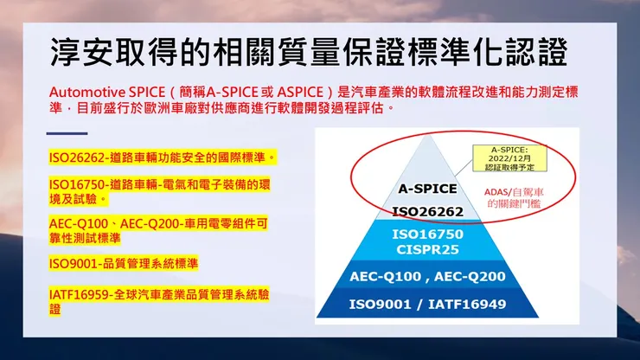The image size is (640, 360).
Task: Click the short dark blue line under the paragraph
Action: (x=67, y=133)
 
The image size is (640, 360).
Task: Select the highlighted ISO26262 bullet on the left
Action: (x=163, y=158)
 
